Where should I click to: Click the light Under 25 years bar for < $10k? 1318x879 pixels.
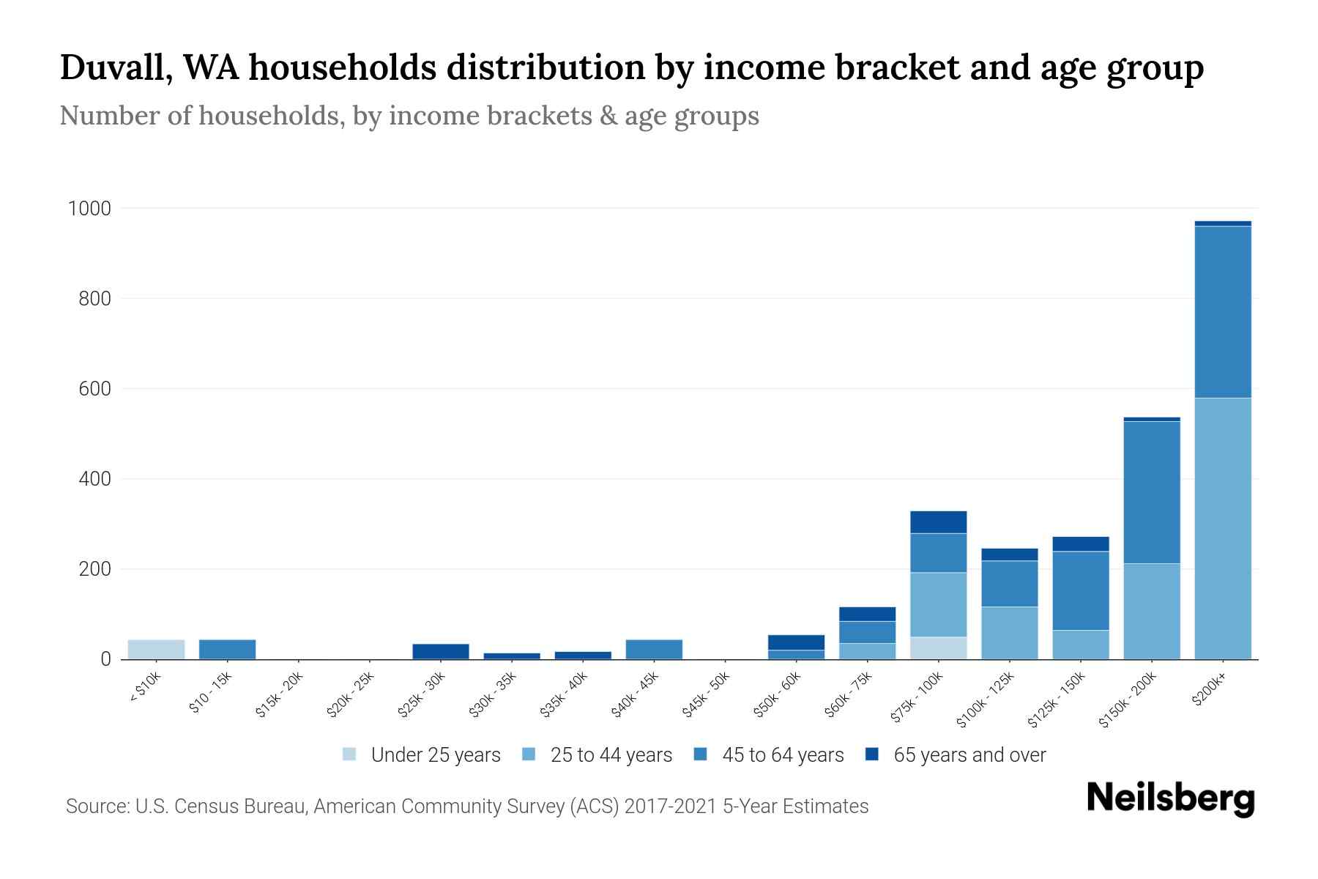click(x=156, y=649)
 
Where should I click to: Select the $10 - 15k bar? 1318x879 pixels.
click(x=227, y=649)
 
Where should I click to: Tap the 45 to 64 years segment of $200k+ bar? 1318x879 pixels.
click(x=1222, y=312)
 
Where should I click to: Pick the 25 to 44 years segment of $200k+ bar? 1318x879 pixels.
click(x=1222, y=528)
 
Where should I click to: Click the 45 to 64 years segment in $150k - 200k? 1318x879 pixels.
click(x=1151, y=492)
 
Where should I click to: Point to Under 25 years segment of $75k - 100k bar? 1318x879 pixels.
click(x=938, y=648)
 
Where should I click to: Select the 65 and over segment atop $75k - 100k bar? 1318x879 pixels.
click(x=938, y=522)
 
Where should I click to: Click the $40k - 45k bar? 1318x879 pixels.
click(x=654, y=649)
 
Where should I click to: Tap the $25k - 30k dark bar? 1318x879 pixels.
click(x=440, y=651)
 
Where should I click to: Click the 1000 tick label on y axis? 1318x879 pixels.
click(x=89, y=209)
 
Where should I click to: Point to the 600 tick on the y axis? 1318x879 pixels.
click(x=94, y=389)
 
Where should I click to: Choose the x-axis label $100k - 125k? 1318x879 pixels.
click(x=986, y=700)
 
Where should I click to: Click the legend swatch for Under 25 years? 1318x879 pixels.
click(x=349, y=754)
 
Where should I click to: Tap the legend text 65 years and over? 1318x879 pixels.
click(x=969, y=754)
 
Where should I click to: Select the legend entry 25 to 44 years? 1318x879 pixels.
click(x=611, y=754)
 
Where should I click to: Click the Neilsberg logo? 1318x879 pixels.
click(x=1170, y=798)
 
